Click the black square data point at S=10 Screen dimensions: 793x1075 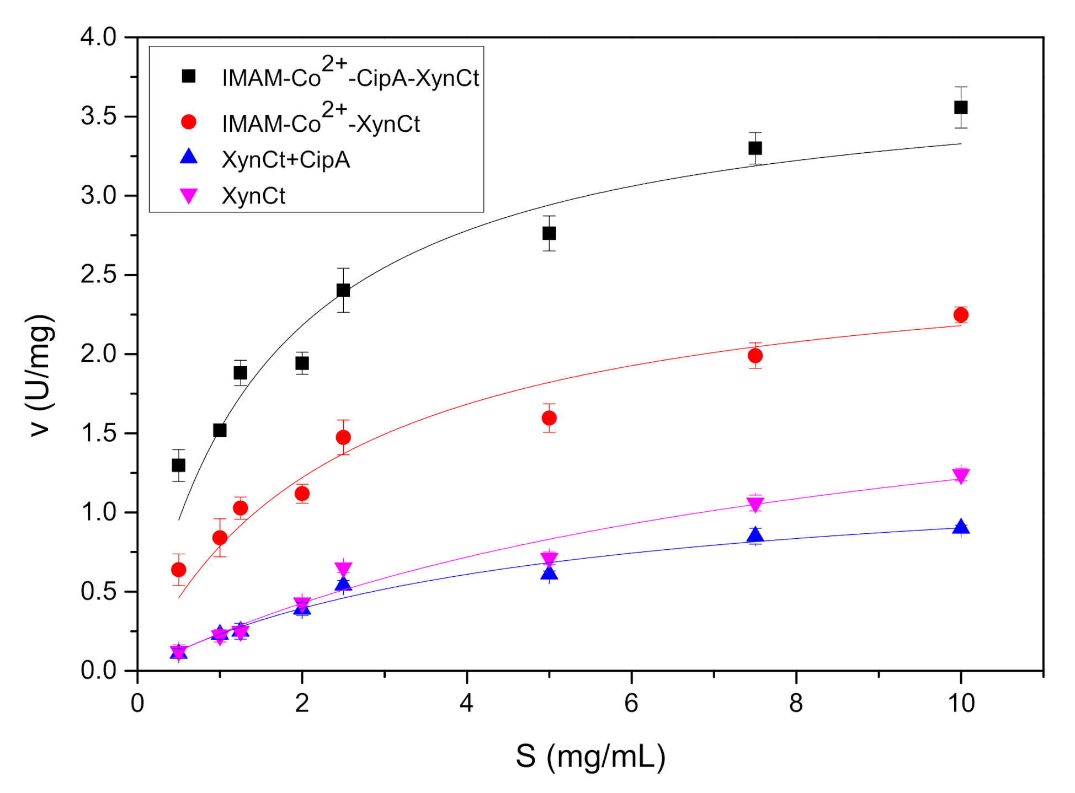coord(961,108)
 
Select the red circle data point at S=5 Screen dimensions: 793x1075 coord(549,418)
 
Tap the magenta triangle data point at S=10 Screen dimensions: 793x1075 coord(961,475)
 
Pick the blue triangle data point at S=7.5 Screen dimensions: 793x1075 coord(755,535)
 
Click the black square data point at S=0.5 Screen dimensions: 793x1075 coord(178,465)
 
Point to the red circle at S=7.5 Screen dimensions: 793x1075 coord(755,356)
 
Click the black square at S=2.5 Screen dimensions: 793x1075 coord(343,290)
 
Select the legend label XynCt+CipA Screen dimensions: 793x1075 coord(286,160)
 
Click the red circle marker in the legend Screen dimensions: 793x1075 coord(189,122)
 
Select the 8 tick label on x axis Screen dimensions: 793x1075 coord(796,703)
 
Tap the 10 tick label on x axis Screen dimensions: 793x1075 coord(961,703)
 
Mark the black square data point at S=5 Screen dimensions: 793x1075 coord(549,233)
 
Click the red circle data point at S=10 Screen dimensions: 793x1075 coord(961,315)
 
